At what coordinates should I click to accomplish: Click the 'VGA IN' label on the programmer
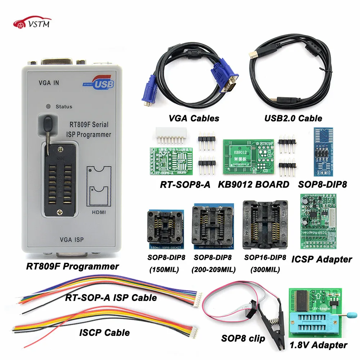tap(49, 82)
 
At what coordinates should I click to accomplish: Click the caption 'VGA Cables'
tap(194, 118)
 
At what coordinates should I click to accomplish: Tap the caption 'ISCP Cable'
tap(104, 332)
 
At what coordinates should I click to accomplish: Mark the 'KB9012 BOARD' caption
tap(254, 184)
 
